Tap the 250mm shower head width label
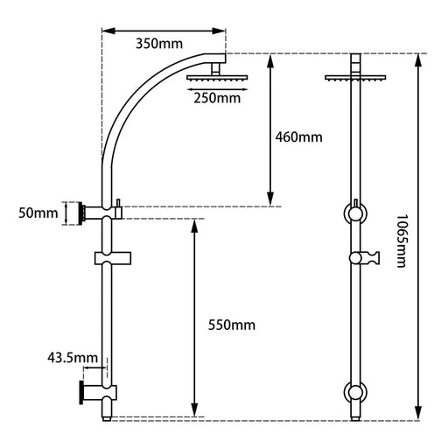[x=217, y=97]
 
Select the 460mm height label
[x=297, y=137]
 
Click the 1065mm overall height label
[x=401, y=237]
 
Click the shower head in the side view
[x=217, y=79]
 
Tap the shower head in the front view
[x=354, y=78]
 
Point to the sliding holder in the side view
[x=111, y=258]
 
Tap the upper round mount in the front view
[x=354, y=213]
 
